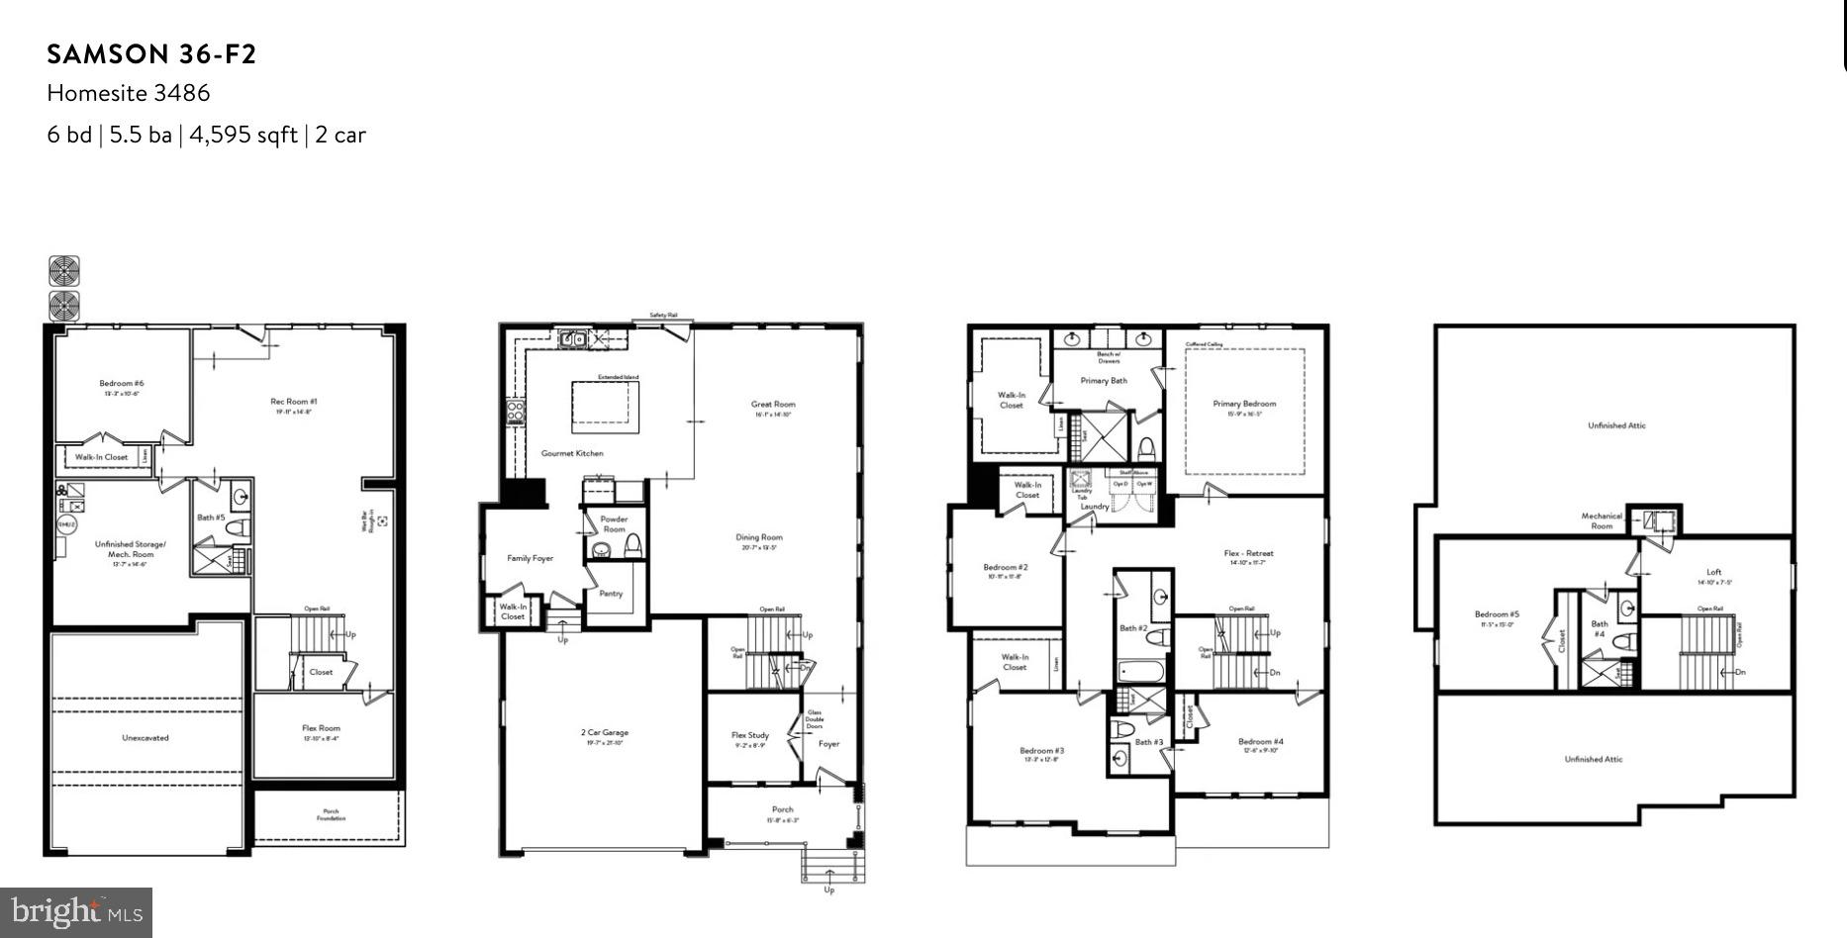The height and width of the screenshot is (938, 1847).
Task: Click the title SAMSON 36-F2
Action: coord(151,54)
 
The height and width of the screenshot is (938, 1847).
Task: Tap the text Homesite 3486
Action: coord(129,93)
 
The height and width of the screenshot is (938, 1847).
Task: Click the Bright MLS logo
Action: coord(76,911)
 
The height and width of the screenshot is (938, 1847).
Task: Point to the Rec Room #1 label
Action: coord(294,402)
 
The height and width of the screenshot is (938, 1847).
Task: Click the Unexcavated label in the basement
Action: coord(146,737)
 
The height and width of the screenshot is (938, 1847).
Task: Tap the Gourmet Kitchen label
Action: coord(572,453)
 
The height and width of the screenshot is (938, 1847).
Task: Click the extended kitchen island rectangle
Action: coord(605,408)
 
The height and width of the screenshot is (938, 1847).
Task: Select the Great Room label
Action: coord(773,404)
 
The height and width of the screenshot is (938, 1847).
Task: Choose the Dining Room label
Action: coord(759,537)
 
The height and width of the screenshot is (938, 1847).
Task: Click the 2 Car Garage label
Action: coord(604,733)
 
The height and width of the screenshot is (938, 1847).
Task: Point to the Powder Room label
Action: coord(614,523)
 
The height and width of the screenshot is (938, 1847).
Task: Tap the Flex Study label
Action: coord(750,735)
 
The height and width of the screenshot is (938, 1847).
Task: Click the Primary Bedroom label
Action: coord(1244,404)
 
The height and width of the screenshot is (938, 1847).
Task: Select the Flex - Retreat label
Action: coord(1248,553)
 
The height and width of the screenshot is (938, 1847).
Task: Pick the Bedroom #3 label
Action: coord(1042,751)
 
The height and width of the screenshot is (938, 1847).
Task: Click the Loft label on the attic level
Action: coord(1714,572)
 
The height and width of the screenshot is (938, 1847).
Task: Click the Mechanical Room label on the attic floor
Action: coord(1602,520)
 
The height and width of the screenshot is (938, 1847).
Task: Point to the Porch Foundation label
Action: coord(331,814)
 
